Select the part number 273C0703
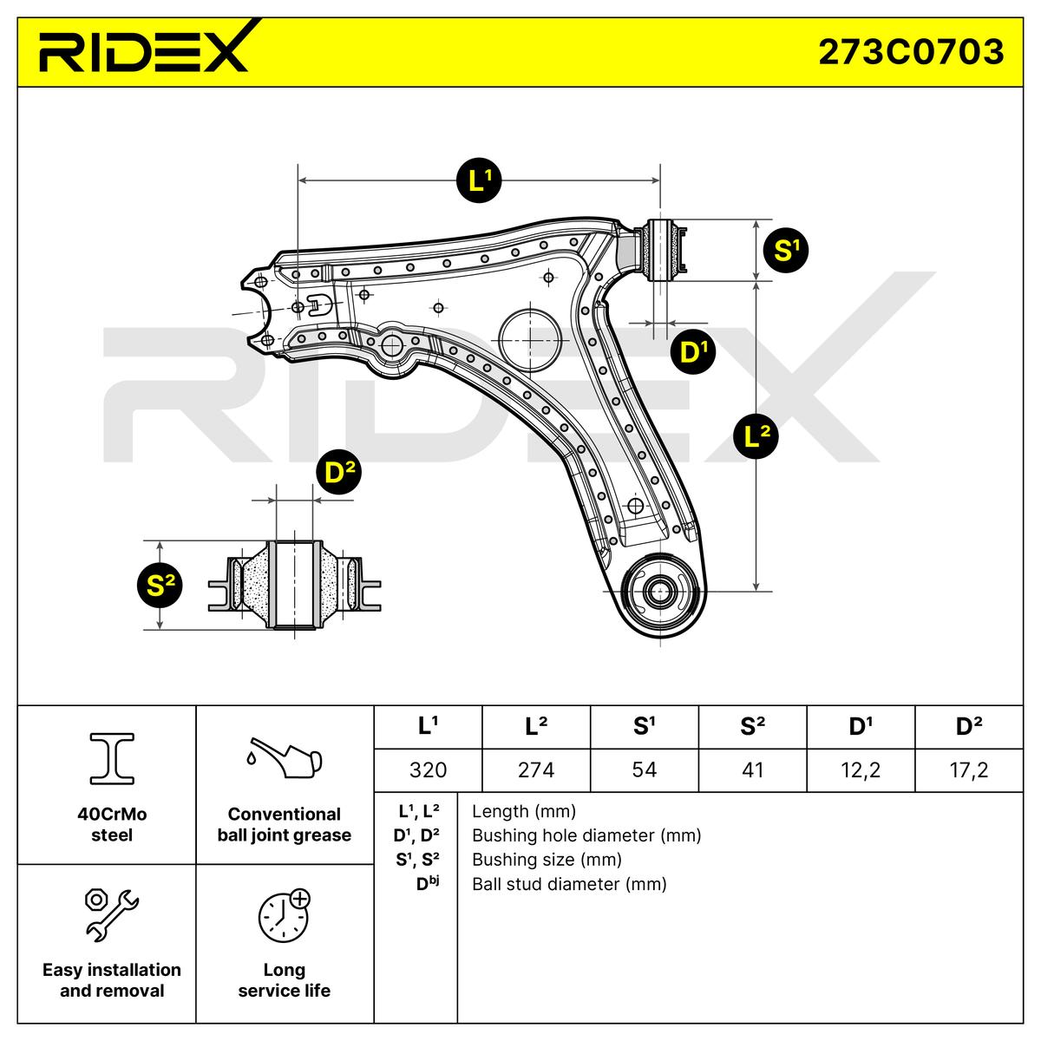point(911,52)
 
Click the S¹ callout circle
point(785,251)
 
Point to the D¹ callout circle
point(693,351)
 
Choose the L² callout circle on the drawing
point(756,436)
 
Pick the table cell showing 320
point(427,769)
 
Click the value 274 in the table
point(535,769)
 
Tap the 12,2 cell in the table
point(860,769)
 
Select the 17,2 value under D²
point(968,769)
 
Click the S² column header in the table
point(752,727)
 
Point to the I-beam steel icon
point(112,757)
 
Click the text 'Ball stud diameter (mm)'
point(569,884)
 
